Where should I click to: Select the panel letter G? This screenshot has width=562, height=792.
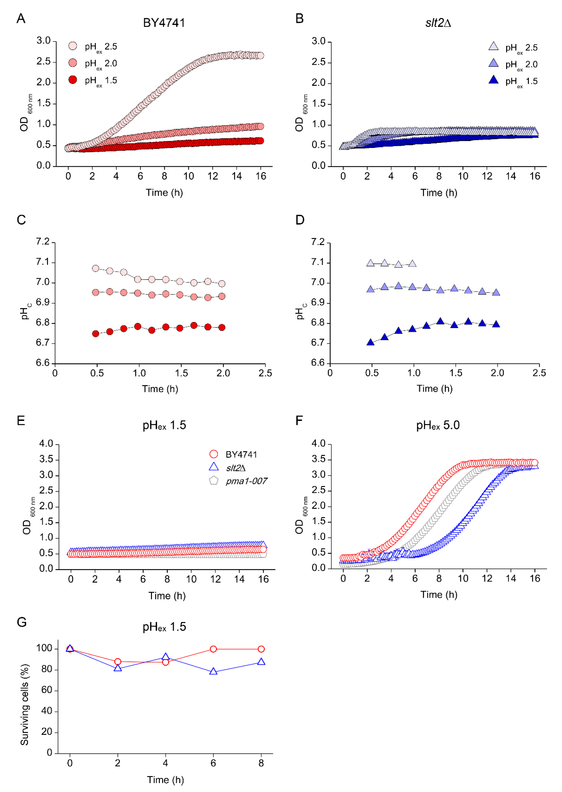click(x=21, y=622)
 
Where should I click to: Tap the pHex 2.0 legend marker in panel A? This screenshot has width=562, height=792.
click(x=73, y=63)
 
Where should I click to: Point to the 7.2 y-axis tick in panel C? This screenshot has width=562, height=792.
click(x=43, y=242)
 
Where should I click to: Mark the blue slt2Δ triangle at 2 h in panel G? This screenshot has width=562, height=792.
click(x=118, y=668)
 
